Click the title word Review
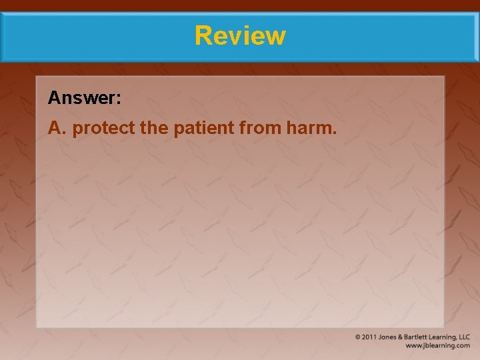240,35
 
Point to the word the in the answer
155,128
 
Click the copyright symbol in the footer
358,337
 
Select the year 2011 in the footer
370,337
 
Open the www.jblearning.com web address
438,346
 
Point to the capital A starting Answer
54,99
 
